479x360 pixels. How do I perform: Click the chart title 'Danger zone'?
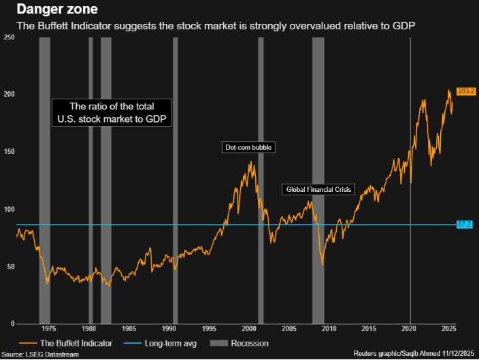(49, 10)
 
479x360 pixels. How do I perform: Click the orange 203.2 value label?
(466, 91)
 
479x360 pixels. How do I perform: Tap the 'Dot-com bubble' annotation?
(248, 147)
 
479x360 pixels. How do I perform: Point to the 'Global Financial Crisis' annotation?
(318, 189)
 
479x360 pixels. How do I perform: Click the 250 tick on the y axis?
(9, 37)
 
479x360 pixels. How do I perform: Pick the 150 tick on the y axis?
(9, 152)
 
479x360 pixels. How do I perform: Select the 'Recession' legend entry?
(250, 344)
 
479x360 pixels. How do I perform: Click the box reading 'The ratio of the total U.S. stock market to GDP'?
(112, 112)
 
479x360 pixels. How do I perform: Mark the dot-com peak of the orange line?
(251, 162)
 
